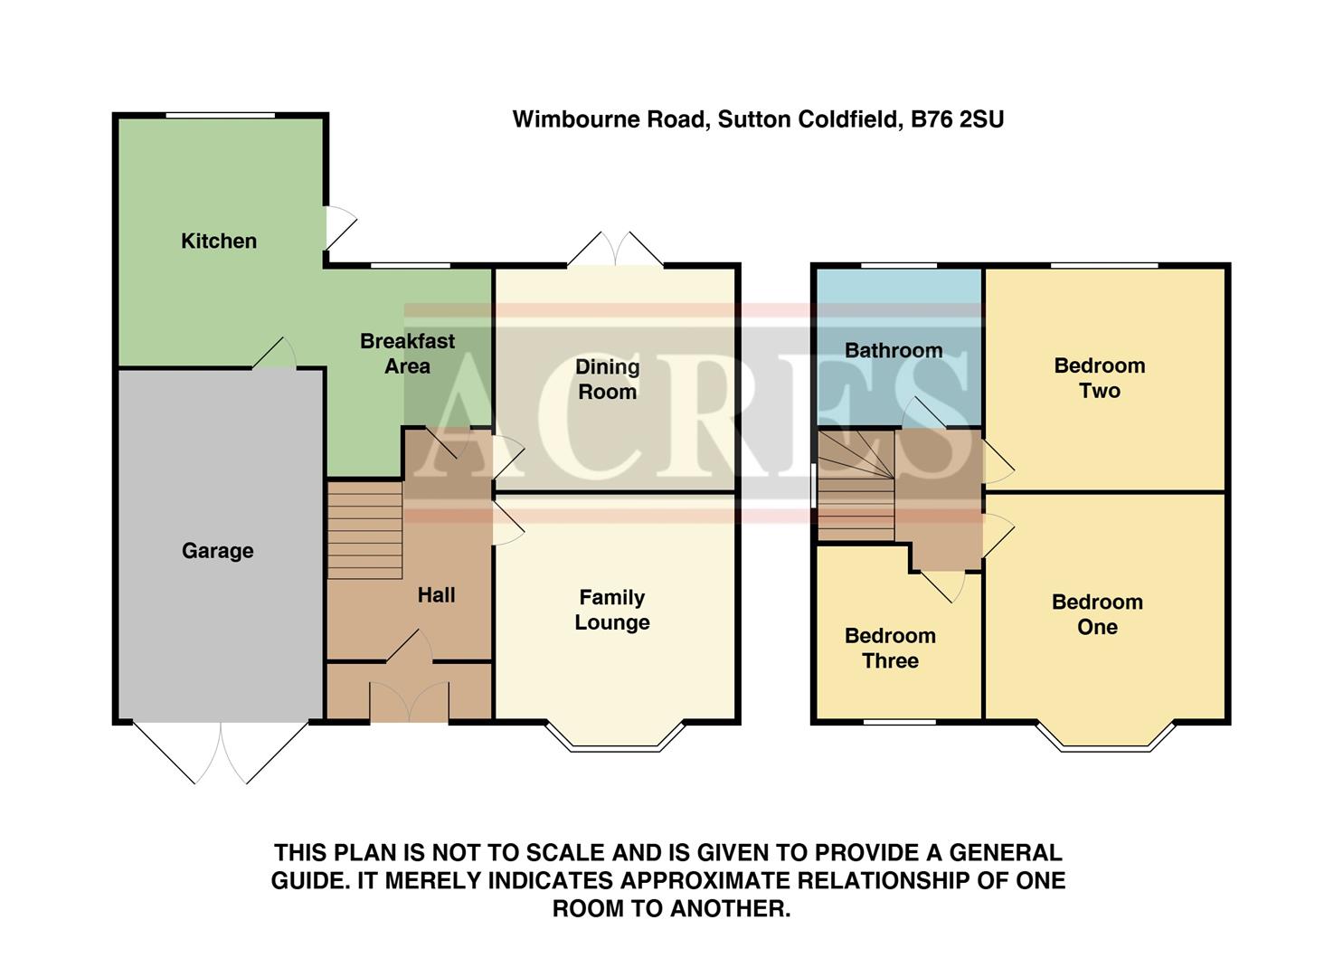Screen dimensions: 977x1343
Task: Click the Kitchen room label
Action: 219,241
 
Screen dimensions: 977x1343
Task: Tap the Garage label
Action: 217,551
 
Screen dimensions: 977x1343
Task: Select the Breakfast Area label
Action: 407,354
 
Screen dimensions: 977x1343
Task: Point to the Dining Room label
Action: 607,379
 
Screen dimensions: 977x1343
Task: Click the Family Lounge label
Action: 612,610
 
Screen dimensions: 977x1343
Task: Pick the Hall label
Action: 436,595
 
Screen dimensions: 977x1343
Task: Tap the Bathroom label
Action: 894,351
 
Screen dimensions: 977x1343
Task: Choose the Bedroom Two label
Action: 1099,378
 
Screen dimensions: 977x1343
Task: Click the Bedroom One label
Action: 1097,614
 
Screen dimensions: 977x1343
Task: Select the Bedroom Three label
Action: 890,648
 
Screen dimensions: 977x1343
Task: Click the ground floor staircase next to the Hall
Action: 364,530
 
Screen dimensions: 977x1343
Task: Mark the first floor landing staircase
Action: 855,485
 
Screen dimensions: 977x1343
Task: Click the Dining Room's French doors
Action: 615,251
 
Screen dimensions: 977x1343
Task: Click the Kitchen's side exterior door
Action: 338,226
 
